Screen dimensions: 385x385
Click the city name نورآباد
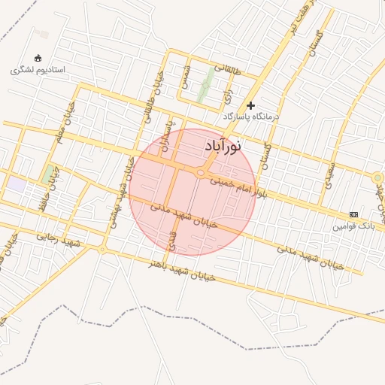(223, 146)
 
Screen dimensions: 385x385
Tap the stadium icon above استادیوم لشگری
(38, 59)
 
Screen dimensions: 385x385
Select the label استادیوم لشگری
(38, 70)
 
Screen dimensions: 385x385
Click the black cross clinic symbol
(251, 105)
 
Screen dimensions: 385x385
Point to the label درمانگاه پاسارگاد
(250, 117)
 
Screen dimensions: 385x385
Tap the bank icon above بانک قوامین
(353, 214)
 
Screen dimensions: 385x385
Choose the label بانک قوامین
(353, 226)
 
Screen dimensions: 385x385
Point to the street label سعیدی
(329, 174)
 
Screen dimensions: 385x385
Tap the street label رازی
(227, 94)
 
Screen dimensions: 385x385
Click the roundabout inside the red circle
(201, 174)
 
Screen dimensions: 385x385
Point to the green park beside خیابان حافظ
(50, 173)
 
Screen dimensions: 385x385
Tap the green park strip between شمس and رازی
(203, 90)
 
